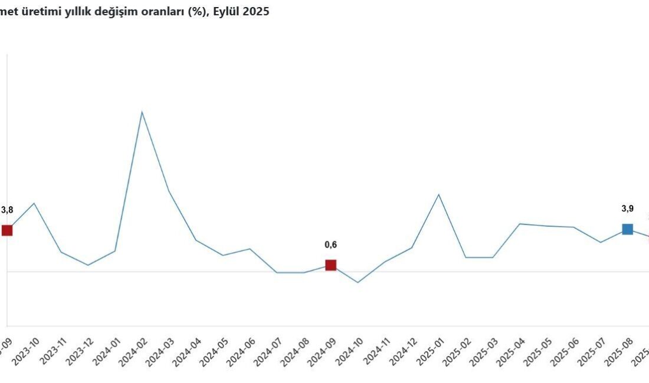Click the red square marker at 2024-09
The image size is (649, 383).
pos(331,265)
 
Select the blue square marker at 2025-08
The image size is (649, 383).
pos(627,229)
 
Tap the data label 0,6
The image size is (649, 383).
pos(331,245)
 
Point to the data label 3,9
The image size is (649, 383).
pos(628,209)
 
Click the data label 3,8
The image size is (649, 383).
pos(7,210)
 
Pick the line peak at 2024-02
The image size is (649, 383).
pos(142,112)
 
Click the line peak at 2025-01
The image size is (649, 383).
pos(438,194)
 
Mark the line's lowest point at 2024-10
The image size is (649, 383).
pos(358,282)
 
